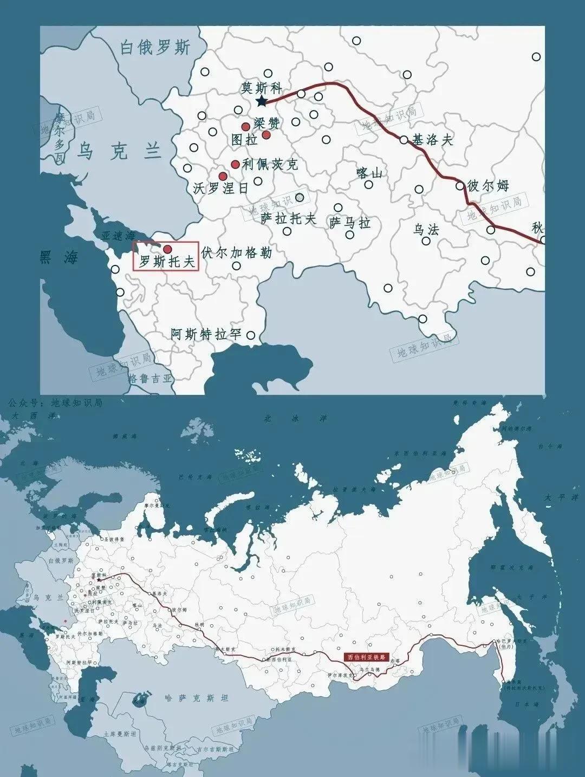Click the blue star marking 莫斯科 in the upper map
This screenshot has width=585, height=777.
[x=262, y=101]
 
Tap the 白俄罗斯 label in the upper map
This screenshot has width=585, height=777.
[x=155, y=48]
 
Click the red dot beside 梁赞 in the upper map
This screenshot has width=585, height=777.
[x=266, y=134]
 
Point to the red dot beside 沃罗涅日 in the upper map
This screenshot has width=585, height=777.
[x=223, y=176]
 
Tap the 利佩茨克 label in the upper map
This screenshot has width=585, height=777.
[x=270, y=164]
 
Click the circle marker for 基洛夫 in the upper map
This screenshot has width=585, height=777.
[x=404, y=140]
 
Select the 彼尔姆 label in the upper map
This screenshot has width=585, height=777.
[x=488, y=186]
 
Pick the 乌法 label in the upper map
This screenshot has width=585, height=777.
[x=426, y=229]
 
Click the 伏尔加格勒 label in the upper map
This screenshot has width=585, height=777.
[x=236, y=252]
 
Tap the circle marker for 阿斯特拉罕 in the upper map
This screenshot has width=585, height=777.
[x=250, y=335]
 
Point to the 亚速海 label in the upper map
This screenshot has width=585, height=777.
[x=118, y=236]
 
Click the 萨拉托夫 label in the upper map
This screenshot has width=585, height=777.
[x=288, y=218]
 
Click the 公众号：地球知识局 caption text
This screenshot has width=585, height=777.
[x=55, y=403]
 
